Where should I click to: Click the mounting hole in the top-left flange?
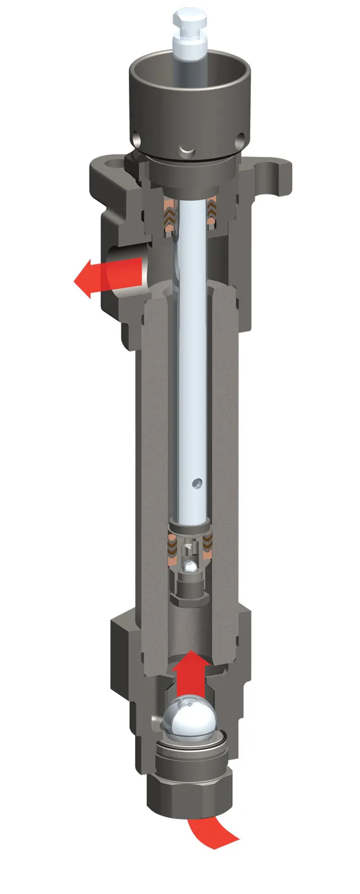click(116, 164)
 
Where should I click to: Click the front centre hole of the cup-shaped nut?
click(184, 149)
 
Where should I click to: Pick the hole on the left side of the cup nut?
click(137, 137)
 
